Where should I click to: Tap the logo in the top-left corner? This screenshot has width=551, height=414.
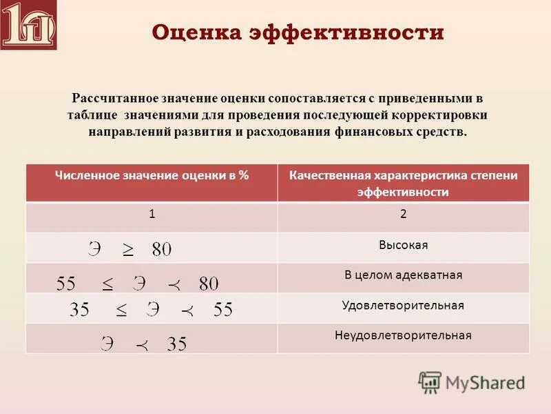point(29,26)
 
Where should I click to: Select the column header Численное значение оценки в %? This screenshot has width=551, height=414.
point(152,176)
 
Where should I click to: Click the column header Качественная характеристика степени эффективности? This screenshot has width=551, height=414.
point(403,184)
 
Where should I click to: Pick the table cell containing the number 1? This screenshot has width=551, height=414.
point(152,214)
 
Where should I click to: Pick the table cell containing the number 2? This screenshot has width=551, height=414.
point(403,214)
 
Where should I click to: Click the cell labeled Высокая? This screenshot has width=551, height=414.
point(403,245)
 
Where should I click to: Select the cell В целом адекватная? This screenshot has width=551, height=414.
point(403,275)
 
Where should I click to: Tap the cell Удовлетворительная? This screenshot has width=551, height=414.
point(403,305)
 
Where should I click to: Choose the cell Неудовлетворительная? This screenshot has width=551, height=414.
point(403,335)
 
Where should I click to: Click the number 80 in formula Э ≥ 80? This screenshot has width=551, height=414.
point(162,250)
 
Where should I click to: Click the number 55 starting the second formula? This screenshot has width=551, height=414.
point(66,284)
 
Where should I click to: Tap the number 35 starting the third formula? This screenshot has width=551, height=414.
point(80,310)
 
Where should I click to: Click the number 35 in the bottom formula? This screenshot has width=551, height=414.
point(177,344)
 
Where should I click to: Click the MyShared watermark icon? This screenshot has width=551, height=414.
point(430,382)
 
